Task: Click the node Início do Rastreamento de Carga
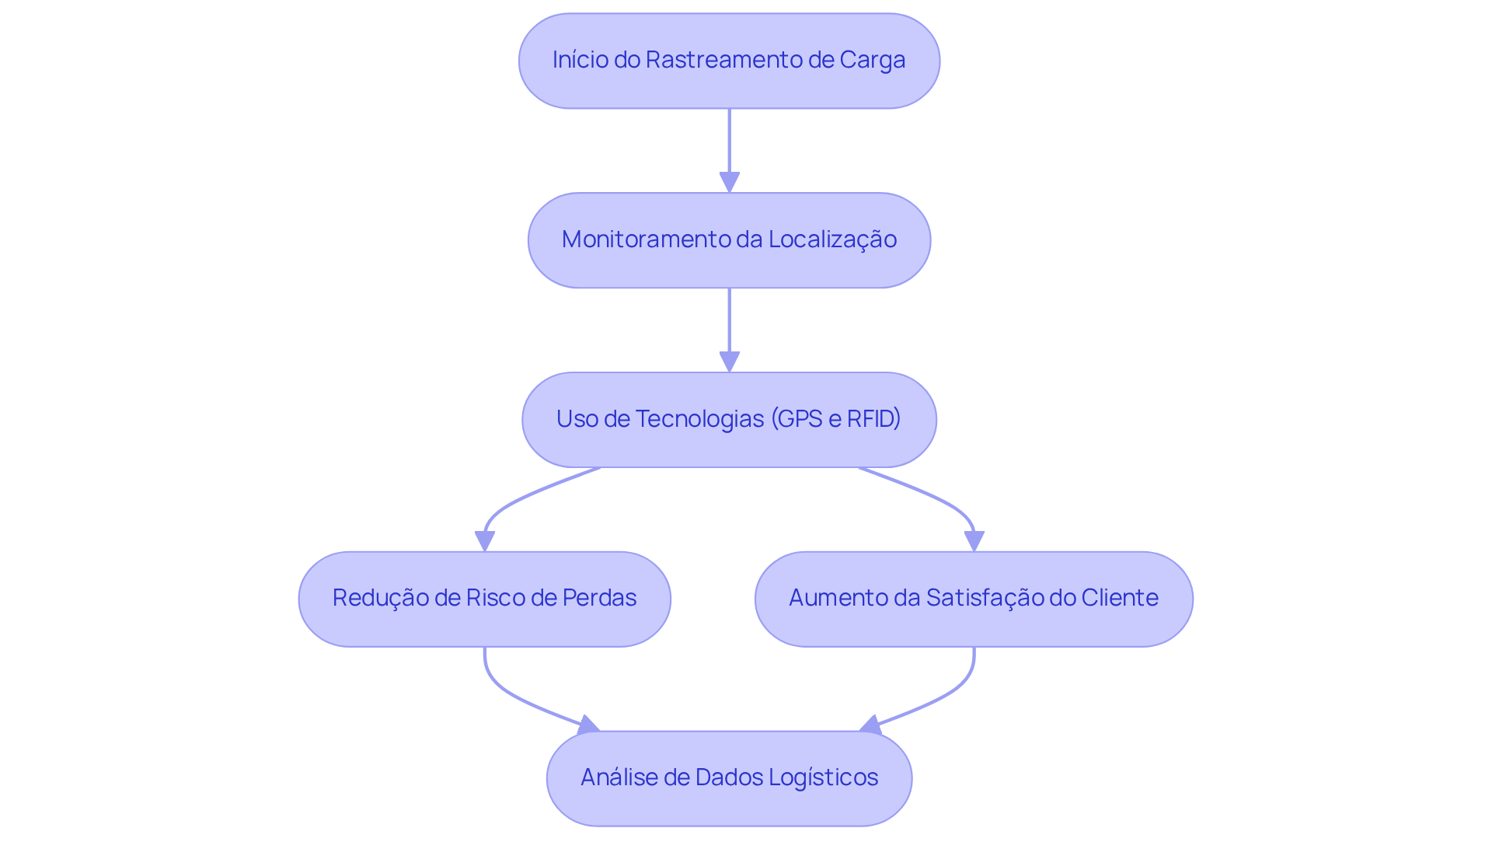pos(729,61)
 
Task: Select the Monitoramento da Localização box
pos(729,240)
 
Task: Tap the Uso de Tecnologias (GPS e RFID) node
pos(729,420)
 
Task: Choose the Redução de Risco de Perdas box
pos(484,599)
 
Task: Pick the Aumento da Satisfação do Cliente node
pos(974,599)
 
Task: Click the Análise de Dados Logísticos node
pos(729,778)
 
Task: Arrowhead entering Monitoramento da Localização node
pos(729,183)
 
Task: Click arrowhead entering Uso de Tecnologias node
pos(729,362)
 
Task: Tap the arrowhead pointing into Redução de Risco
pos(485,541)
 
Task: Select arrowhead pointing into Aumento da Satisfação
pos(974,541)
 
